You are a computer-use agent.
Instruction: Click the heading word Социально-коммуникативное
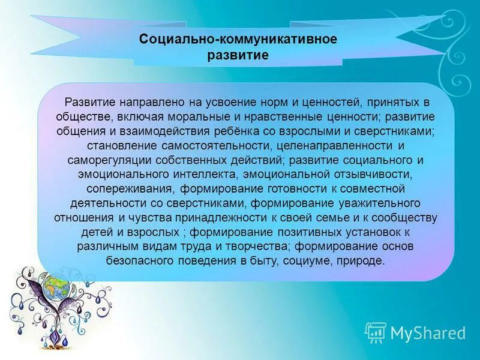click(238, 39)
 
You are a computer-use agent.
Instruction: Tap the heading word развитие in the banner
click(238, 55)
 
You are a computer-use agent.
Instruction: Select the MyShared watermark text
click(428, 333)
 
